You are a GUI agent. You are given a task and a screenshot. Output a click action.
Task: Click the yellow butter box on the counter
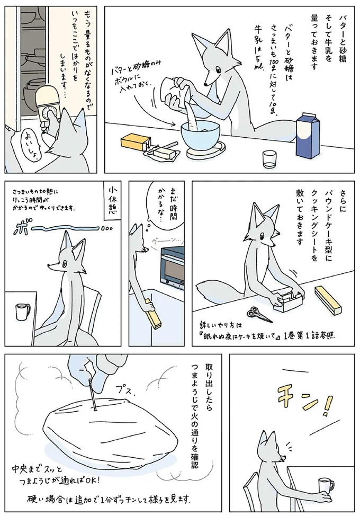[135, 142]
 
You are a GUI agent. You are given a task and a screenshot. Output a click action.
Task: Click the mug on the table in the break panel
[22, 312]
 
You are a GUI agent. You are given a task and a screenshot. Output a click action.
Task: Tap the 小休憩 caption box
[111, 201]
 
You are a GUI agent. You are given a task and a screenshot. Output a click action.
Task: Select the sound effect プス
[125, 391]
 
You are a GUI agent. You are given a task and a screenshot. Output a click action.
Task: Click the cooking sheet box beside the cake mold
[329, 300]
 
